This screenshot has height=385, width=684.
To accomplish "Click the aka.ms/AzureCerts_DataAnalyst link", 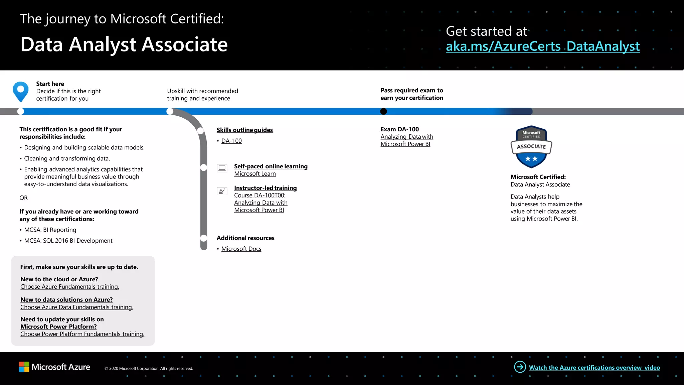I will click(542, 46).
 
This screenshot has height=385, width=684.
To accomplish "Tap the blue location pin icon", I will click(21, 91).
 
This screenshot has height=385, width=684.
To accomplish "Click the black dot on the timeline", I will click(383, 111).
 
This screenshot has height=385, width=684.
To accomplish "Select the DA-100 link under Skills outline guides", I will click(231, 141).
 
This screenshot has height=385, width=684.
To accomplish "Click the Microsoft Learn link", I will click(255, 174).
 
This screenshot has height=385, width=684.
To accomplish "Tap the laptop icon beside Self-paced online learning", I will click(222, 168).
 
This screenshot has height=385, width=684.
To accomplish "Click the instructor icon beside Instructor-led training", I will click(222, 191).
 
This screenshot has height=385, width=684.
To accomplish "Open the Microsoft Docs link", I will click(241, 249).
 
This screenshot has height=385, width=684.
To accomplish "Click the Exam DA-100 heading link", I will click(399, 129).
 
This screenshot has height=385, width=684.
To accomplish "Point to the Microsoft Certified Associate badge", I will click(531, 147).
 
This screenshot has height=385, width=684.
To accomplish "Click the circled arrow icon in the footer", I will click(520, 367).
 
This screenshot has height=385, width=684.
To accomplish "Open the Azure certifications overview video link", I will click(594, 368).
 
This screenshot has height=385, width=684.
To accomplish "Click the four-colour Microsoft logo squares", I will click(24, 367).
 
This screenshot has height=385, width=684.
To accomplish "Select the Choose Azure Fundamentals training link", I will click(69, 287).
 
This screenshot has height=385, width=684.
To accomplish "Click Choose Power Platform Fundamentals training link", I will click(82, 334).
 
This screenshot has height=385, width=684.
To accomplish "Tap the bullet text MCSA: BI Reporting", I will click(50, 230).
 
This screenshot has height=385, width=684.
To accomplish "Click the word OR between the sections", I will click(23, 198).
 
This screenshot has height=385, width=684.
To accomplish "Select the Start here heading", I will click(50, 84).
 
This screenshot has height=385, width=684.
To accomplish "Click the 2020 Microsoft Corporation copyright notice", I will click(149, 369).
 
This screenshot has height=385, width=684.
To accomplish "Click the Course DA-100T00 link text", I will click(260, 196).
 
